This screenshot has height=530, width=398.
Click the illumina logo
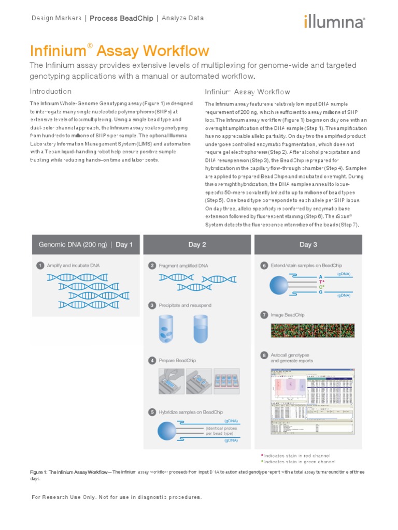(x=334, y=22)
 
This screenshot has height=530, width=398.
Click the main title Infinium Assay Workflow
(x=119, y=51)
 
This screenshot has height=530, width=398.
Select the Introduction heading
(x=50, y=92)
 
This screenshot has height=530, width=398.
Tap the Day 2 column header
(x=197, y=245)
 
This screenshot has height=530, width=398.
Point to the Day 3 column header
(x=308, y=245)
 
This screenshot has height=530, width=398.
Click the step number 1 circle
(x=39, y=266)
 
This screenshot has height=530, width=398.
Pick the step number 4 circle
(x=152, y=360)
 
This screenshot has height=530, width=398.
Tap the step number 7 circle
(x=264, y=315)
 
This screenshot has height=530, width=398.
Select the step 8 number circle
(x=264, y=355)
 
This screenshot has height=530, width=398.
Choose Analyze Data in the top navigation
(x=182, y=18)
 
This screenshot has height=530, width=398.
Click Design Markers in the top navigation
(x=56, y=18)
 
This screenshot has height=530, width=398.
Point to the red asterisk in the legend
(x=262, y=455)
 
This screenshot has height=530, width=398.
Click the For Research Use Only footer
(x=117, y=497)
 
